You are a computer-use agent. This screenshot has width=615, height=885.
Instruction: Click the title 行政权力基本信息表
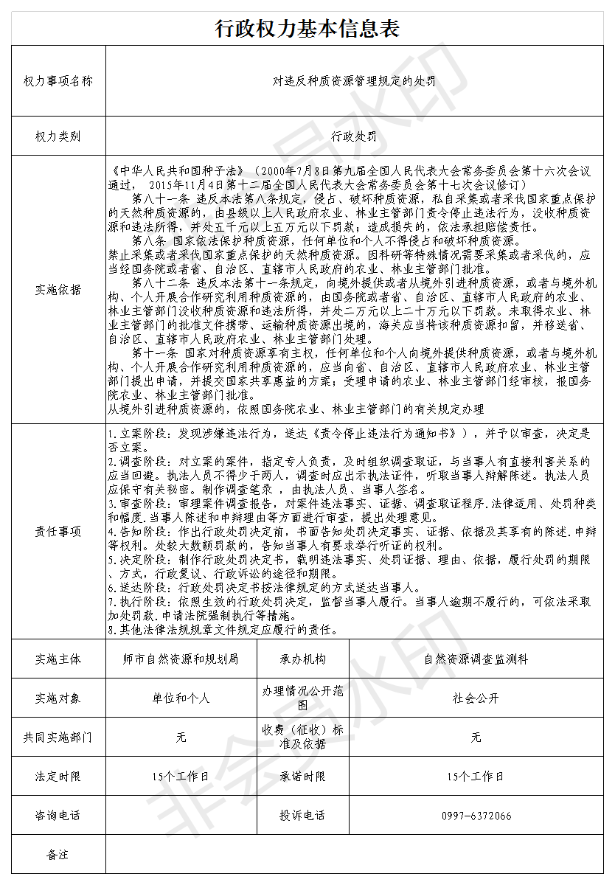307,29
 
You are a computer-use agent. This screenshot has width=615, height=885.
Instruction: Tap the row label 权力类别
58,136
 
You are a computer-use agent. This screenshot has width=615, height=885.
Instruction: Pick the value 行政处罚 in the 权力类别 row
354,136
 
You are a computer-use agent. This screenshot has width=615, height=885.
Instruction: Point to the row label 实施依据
58,290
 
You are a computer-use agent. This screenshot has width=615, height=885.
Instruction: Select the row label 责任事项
58,531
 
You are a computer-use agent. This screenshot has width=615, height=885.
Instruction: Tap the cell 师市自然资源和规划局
181,659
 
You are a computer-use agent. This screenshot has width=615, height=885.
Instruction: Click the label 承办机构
302,659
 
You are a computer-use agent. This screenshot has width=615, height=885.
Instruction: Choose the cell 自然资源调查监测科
476,659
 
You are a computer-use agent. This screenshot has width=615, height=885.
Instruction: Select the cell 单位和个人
181,698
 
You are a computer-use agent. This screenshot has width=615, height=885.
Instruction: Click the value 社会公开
476,698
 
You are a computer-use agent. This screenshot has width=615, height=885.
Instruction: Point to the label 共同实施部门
58,737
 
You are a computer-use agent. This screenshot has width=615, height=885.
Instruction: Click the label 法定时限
58,777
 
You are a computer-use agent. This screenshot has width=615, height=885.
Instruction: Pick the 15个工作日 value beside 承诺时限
476,777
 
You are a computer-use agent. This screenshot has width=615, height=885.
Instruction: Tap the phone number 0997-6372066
476,816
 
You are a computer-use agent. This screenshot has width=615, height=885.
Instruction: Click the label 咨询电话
58,816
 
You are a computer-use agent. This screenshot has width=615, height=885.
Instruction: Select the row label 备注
58,855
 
